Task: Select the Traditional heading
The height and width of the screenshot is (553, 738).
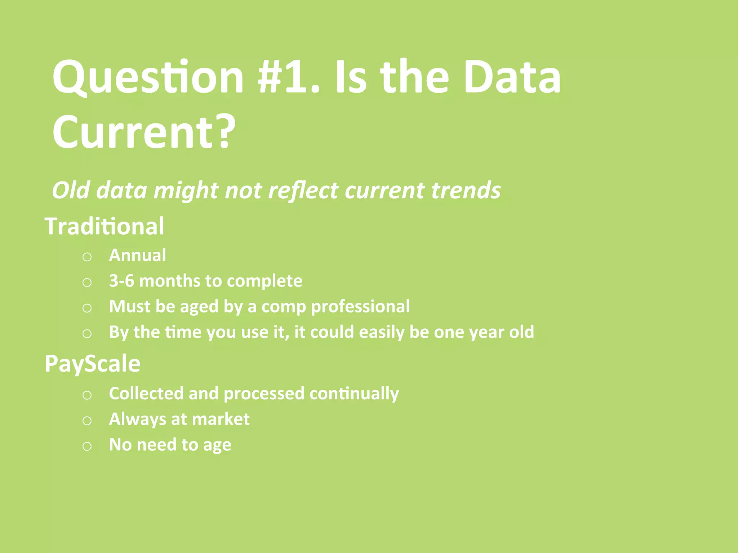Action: [x=105, y=226]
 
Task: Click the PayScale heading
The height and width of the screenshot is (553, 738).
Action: [x=92, y=363]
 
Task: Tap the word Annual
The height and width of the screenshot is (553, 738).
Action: [x=137, y=255]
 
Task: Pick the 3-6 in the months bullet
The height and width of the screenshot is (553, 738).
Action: [x=122, y=281]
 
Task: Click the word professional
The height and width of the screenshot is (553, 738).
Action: [x=360, y=307]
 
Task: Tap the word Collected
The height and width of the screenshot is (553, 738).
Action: [x=146, y=393]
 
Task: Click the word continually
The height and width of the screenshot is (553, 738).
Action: [x=354, y=394]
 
